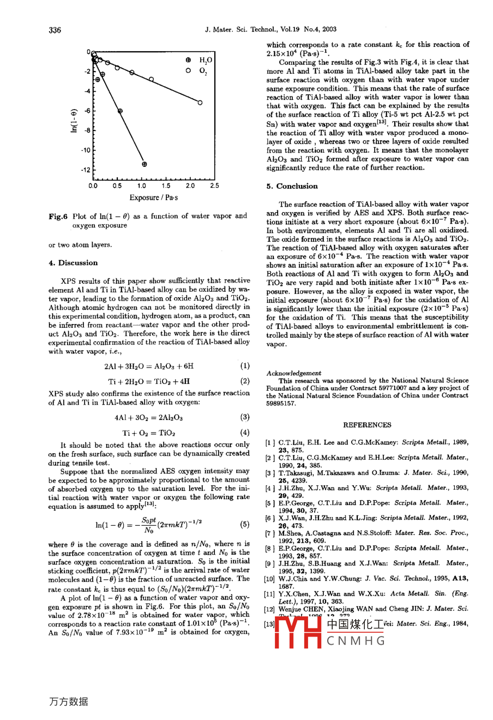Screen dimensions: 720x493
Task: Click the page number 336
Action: point(55,30)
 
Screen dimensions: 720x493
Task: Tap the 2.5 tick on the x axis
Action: point(214,186)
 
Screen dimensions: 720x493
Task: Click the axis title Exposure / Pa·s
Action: point(153,198)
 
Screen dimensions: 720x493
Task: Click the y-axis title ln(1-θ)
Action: point(75,121)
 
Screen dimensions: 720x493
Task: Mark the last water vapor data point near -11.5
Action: point(144,164)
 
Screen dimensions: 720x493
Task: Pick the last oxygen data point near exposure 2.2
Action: point(200,103)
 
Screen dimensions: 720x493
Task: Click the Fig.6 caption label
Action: point(58,217)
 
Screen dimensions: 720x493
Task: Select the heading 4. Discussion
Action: point(73,263)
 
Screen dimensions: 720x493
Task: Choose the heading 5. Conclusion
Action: point(292,186)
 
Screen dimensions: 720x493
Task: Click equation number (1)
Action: point(245,366)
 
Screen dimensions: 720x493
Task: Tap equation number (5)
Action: point(245,525)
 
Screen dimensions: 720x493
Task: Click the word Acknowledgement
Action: point(294,373)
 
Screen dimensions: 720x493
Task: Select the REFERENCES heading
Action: point(367,425)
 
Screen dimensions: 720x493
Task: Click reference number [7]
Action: point(270,533)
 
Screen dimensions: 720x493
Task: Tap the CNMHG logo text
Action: point(356,641)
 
